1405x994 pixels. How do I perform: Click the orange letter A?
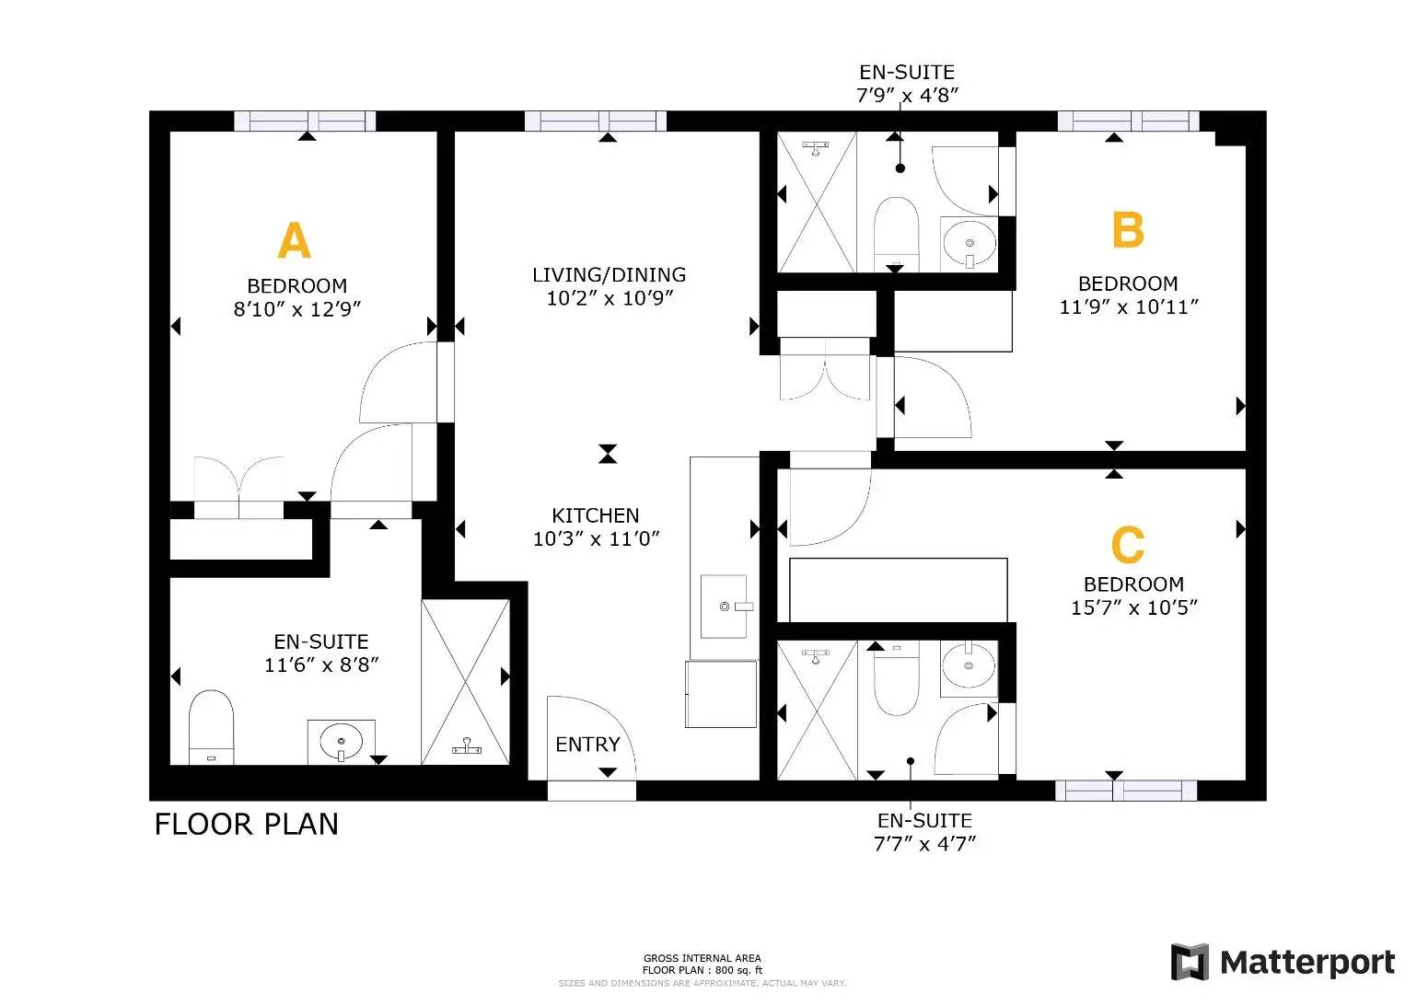click(294, 240)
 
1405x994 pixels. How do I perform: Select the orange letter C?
click(1127, 544)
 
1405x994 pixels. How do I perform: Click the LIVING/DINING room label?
click(609, 274)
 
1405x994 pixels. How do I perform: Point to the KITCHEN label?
click(596, 515)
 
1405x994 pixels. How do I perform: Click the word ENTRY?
click(587, 745)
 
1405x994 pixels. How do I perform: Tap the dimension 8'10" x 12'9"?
click(296, 309)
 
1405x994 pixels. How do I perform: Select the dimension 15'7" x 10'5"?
click(1133, 607)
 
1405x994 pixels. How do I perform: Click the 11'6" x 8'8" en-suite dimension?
click(321, 665)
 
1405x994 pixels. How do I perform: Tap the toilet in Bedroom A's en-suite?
click(212, 727)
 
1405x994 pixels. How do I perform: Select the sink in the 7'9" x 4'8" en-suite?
click(970, 244)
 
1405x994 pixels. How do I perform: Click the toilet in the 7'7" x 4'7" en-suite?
click(897, 678)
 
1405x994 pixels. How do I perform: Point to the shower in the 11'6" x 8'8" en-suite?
click(465, 682)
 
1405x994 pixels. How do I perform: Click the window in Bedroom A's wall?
click(305, 121)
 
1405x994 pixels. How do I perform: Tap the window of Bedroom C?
click(1126, 791)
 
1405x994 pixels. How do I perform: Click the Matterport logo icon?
click(1190, 962)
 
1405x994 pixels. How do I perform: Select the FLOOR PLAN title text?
click(247, 824)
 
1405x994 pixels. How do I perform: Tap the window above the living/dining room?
click(596, 121)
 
